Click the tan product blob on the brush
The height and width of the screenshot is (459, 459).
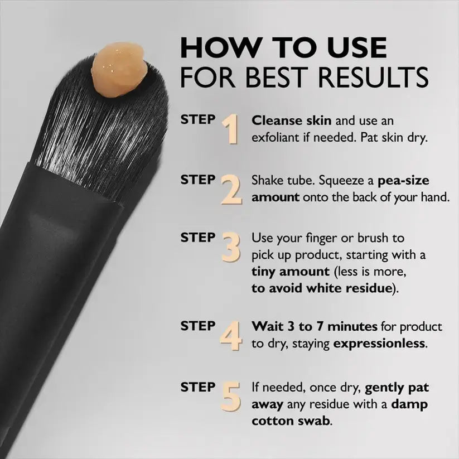click(120, 70)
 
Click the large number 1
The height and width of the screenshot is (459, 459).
click(230, 130)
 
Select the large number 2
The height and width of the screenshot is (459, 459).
click(231, 190)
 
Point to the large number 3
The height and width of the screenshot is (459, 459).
click(231, 248)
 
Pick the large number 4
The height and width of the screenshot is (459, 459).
click(230, 336)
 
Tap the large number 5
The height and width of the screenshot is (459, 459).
click(231, 396)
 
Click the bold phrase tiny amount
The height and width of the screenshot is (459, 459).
click(290, 272)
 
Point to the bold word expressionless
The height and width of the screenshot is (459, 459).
click(379, 344)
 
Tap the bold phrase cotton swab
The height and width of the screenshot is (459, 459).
click(291, 421)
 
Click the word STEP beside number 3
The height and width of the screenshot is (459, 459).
click(197, 238)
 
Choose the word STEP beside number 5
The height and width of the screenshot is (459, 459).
click(197, 386)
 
